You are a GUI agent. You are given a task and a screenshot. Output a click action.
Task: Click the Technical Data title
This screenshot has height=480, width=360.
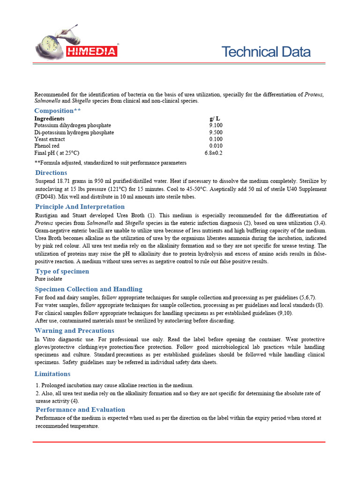click(265, 52)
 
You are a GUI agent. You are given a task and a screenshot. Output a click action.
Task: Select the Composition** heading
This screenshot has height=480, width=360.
click(57, 111)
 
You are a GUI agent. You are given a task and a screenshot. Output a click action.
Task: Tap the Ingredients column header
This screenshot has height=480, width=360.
click(49, 119)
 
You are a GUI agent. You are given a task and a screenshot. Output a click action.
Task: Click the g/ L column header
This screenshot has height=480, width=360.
click(215, 119)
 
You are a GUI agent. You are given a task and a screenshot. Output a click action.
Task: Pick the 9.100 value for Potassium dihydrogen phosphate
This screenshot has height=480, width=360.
click(216, 126)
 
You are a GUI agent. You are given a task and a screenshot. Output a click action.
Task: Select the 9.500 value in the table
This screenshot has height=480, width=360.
click(216, 133)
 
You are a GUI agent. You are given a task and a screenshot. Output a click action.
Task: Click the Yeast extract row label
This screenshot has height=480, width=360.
click(50, 139)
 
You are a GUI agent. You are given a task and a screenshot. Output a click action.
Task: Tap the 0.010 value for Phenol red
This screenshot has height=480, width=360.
click(216, 146)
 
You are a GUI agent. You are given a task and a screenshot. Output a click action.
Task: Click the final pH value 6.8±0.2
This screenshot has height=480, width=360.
click(213, 153)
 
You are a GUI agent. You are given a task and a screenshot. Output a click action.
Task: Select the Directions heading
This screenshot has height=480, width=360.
click(51, 173)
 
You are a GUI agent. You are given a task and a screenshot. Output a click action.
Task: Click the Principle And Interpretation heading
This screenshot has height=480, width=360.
click(80, 207)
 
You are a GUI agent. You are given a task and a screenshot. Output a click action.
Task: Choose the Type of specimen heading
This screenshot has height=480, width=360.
click(62, 271)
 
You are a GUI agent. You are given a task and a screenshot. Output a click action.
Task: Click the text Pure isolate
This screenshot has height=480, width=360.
click(49, 279)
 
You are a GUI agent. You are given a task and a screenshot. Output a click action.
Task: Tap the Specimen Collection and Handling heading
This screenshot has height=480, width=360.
click(89, 289)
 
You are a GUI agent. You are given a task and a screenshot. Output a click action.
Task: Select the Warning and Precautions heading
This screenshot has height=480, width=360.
click(74, 331)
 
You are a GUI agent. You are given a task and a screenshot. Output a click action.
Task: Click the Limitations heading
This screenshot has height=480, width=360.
click(52, 374)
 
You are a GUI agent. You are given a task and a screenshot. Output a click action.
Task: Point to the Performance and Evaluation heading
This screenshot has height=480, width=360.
click(80, 410)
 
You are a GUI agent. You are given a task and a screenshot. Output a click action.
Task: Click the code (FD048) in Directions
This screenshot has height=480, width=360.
click(45, 197)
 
